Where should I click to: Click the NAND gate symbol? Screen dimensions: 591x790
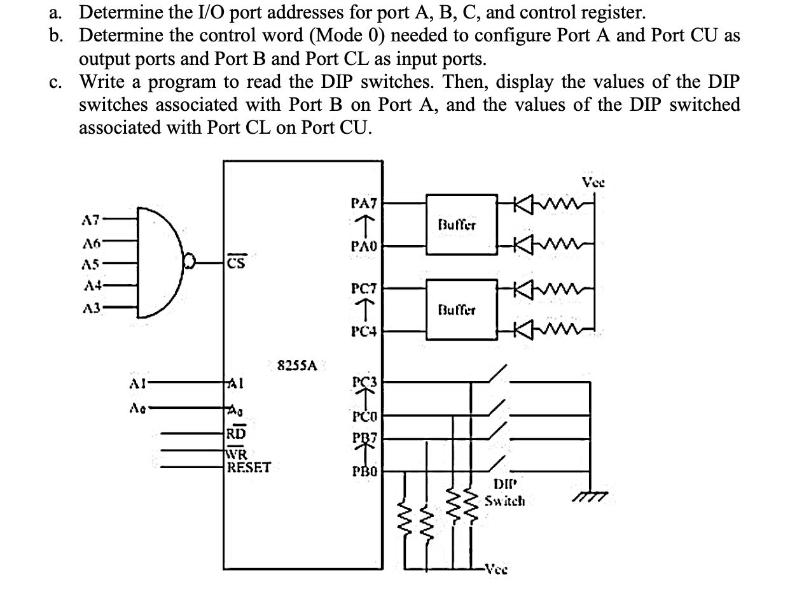pyautogui.click(x=159, y=262)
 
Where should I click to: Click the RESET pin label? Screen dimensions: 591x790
pyautogui.click(x=249, y=467)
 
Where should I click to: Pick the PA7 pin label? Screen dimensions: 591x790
pyautogui.click(x=364, y=203)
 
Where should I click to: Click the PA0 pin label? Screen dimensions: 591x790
pyautogui.click(x=364, y=245)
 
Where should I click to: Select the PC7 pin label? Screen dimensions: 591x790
pyautogui.click(x=364, y=289)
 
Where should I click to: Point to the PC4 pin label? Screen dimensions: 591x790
pyautogui.click(x=364, y=331)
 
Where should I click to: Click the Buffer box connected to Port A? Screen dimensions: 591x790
pyautogui.click(x=457, y=224)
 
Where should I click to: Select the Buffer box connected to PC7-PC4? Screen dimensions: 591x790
pyautogui.click(x=457, y=310)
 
